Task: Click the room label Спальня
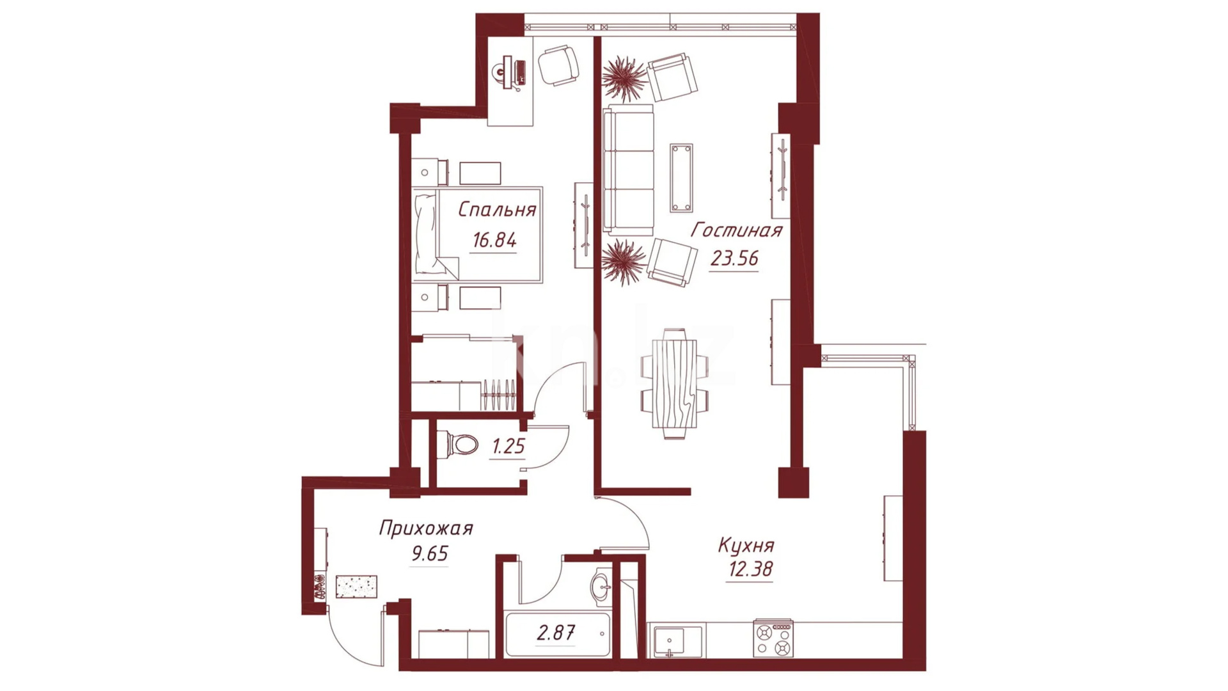coord(497,210)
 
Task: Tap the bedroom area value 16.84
coord(494,241)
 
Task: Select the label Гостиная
coord(737,230)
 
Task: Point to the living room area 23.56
coord(734,258)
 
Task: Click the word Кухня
coord(746,546)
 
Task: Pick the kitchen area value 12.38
coord(750,569)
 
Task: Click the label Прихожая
coord(426,528)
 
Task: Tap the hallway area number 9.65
coord(430,553)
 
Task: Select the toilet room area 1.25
coord(508,446)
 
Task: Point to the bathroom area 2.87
coord(555,633)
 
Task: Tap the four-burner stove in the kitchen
coord(773,639)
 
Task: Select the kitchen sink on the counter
coord(669,640)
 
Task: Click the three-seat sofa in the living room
coord(629,170)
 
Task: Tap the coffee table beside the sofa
coord(681,178)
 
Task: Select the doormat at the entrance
coord(356,587)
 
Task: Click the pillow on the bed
coord(425,234)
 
